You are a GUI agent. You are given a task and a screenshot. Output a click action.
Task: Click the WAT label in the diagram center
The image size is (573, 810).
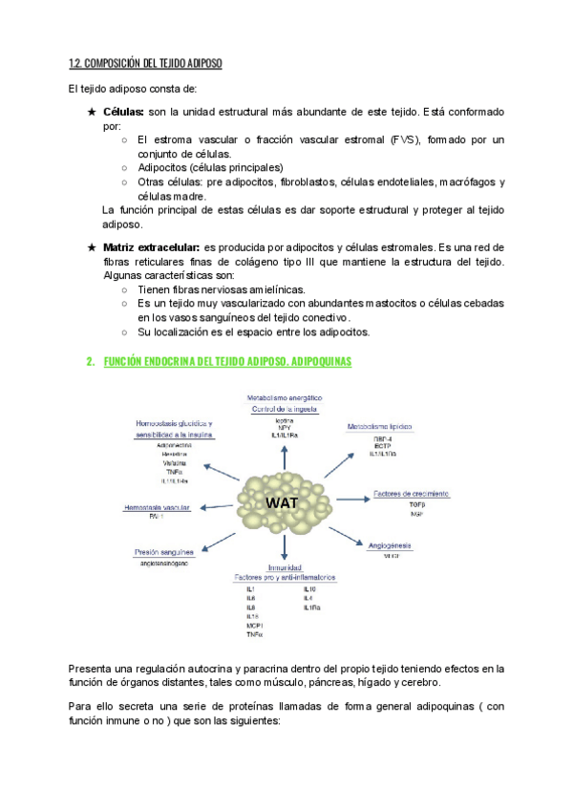point(284,502)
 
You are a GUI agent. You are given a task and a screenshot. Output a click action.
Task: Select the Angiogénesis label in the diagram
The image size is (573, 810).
point(389,544)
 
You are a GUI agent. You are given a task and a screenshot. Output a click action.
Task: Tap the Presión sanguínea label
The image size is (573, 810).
point(164,551)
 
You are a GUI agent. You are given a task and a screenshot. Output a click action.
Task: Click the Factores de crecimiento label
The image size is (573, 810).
point(412,494)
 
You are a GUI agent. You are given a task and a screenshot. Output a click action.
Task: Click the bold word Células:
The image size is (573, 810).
point(123,113)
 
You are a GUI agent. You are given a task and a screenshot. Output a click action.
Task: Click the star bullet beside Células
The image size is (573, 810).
point(92,113)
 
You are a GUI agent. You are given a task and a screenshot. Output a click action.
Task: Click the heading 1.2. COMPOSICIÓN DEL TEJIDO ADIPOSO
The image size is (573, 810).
point(145,64)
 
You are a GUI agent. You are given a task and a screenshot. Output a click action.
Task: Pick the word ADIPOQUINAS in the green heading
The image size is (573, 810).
point(311,362)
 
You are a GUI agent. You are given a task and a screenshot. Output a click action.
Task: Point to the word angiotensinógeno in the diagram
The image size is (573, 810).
point(164,564)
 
